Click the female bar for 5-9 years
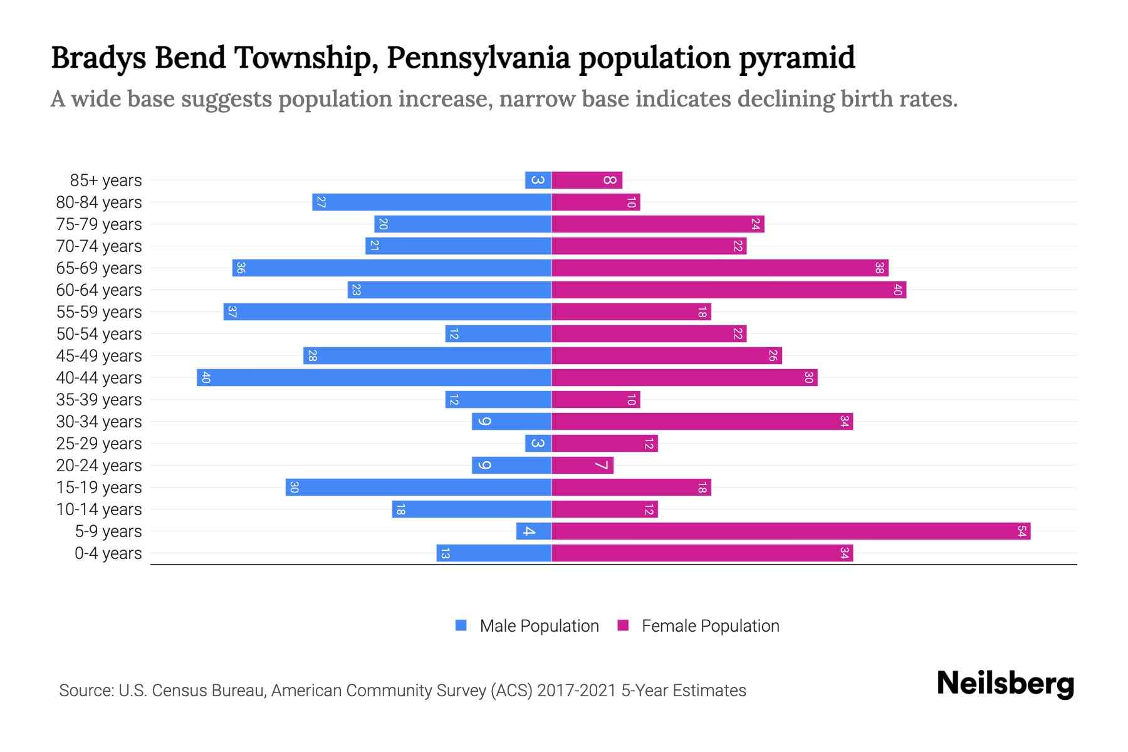click(791, 531)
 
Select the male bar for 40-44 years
click(374, 378)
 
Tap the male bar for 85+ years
click(538, 180)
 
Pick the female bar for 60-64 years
click(729, 290)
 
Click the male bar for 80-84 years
click(432, 202)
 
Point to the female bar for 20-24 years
click(582, 466)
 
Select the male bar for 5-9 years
click(534, 531)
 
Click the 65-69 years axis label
click(99, 268)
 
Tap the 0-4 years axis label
click(108, 553)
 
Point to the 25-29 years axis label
click(99, 444)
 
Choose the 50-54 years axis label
click(99, 334)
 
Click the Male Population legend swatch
click(461, 625)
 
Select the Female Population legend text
click(710, 626)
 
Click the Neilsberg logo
click(1005, 684)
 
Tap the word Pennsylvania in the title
click(478, 58)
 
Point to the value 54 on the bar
click(1021, 531)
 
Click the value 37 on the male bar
click(232, 312)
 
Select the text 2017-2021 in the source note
click(576, 691)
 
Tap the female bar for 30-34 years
click(702, 422)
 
